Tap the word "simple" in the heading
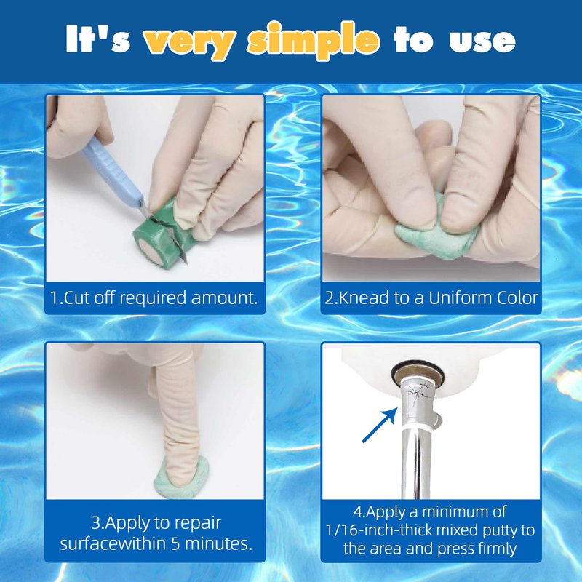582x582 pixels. coord(314,40)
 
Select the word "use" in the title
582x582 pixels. coord(482,41)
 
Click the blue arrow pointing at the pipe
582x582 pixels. coord(379,425)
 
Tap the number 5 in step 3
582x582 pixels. coord(175,543)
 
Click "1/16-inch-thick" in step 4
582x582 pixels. coord(378,530)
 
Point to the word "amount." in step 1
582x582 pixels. coord(224,298)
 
